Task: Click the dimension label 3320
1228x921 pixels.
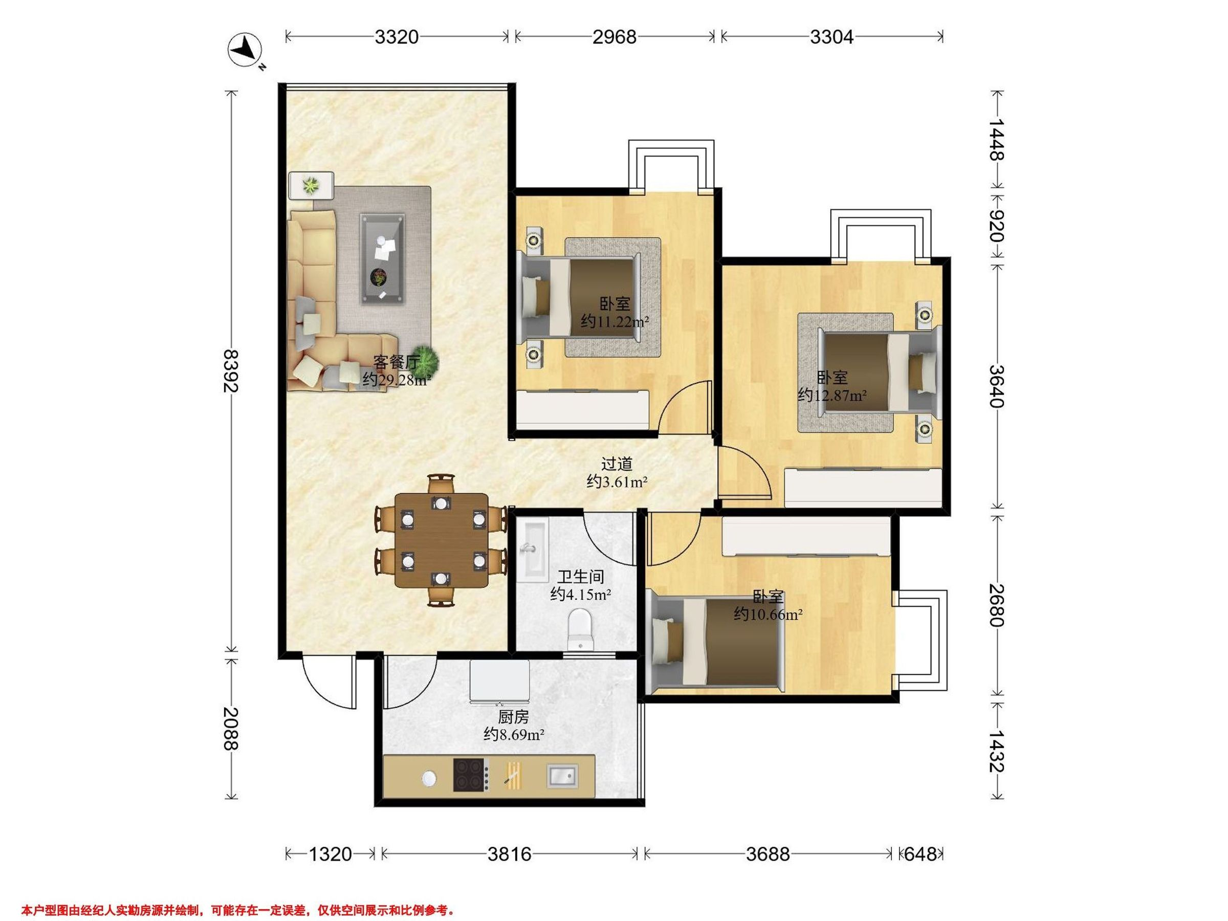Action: pos(397,37)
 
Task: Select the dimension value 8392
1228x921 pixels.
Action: pos(230,370)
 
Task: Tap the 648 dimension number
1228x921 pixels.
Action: pos(920,853)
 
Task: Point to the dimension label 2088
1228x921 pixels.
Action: pos(230,729)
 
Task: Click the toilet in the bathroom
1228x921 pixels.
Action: pos(580,629)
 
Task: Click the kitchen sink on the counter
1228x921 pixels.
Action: pos(562,775)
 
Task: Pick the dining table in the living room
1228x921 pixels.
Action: pos(442,540)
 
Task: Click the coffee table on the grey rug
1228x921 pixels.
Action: pos(382,259)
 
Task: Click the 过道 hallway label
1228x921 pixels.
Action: pos(617,464)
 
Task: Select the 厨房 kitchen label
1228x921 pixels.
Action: pos(513,717)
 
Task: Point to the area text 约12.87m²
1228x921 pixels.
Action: pos(832,396)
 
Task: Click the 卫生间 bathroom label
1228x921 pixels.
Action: pos(581,577)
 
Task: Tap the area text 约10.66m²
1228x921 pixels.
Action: pos(768,614)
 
